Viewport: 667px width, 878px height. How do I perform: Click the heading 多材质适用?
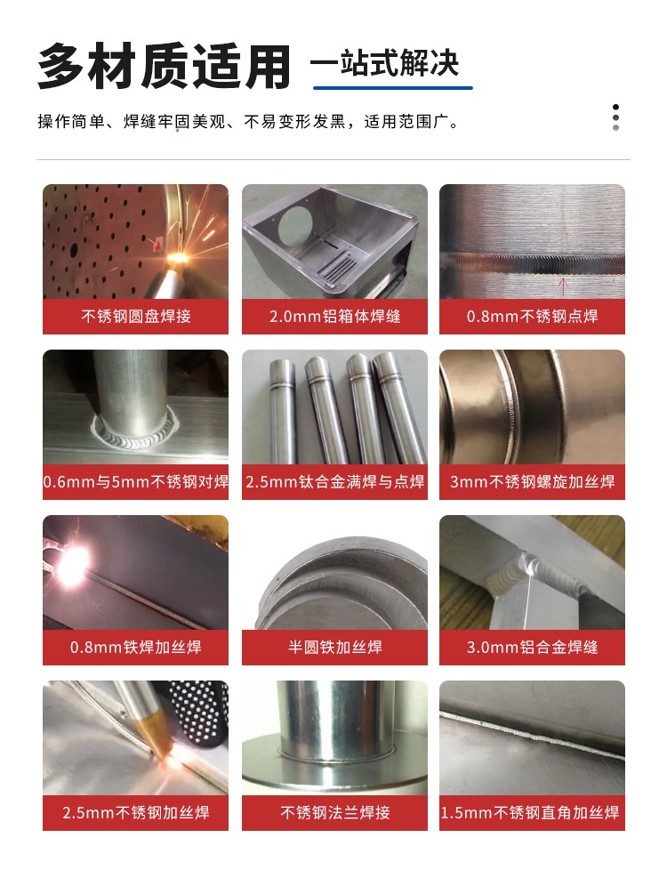click(x=165, y=66)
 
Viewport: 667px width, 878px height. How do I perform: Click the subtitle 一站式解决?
click(x=384, y=62)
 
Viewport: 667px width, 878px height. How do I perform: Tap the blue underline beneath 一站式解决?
click(x=392, y=88)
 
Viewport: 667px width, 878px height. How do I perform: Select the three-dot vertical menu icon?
click(x=615, y=117)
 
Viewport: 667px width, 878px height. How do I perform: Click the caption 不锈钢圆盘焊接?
click(x=135, y=317)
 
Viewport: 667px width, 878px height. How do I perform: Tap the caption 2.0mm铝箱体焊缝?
click(x=335, y=317)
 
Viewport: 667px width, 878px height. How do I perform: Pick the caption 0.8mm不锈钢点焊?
click(x=532, y=317)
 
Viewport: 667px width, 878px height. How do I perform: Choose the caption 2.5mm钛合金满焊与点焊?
click(x=335, y=481)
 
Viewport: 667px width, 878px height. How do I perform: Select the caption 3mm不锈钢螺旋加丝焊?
click(x=532, y=481)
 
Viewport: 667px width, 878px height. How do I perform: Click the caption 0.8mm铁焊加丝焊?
click(x=135, y=648)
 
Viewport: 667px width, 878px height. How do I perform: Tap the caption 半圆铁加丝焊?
click(x=335, y=648)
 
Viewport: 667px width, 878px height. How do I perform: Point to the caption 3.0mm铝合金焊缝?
click(x=532, y=648)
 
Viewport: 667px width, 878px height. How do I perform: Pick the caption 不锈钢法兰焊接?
click(x=335, y=812)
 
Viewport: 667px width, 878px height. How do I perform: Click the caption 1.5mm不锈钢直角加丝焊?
click(x=530, y=812)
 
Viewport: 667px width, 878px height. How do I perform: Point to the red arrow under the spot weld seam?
click(x=564, y=286)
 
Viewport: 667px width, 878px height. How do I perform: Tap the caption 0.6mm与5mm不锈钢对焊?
click(x=135, y=481)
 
